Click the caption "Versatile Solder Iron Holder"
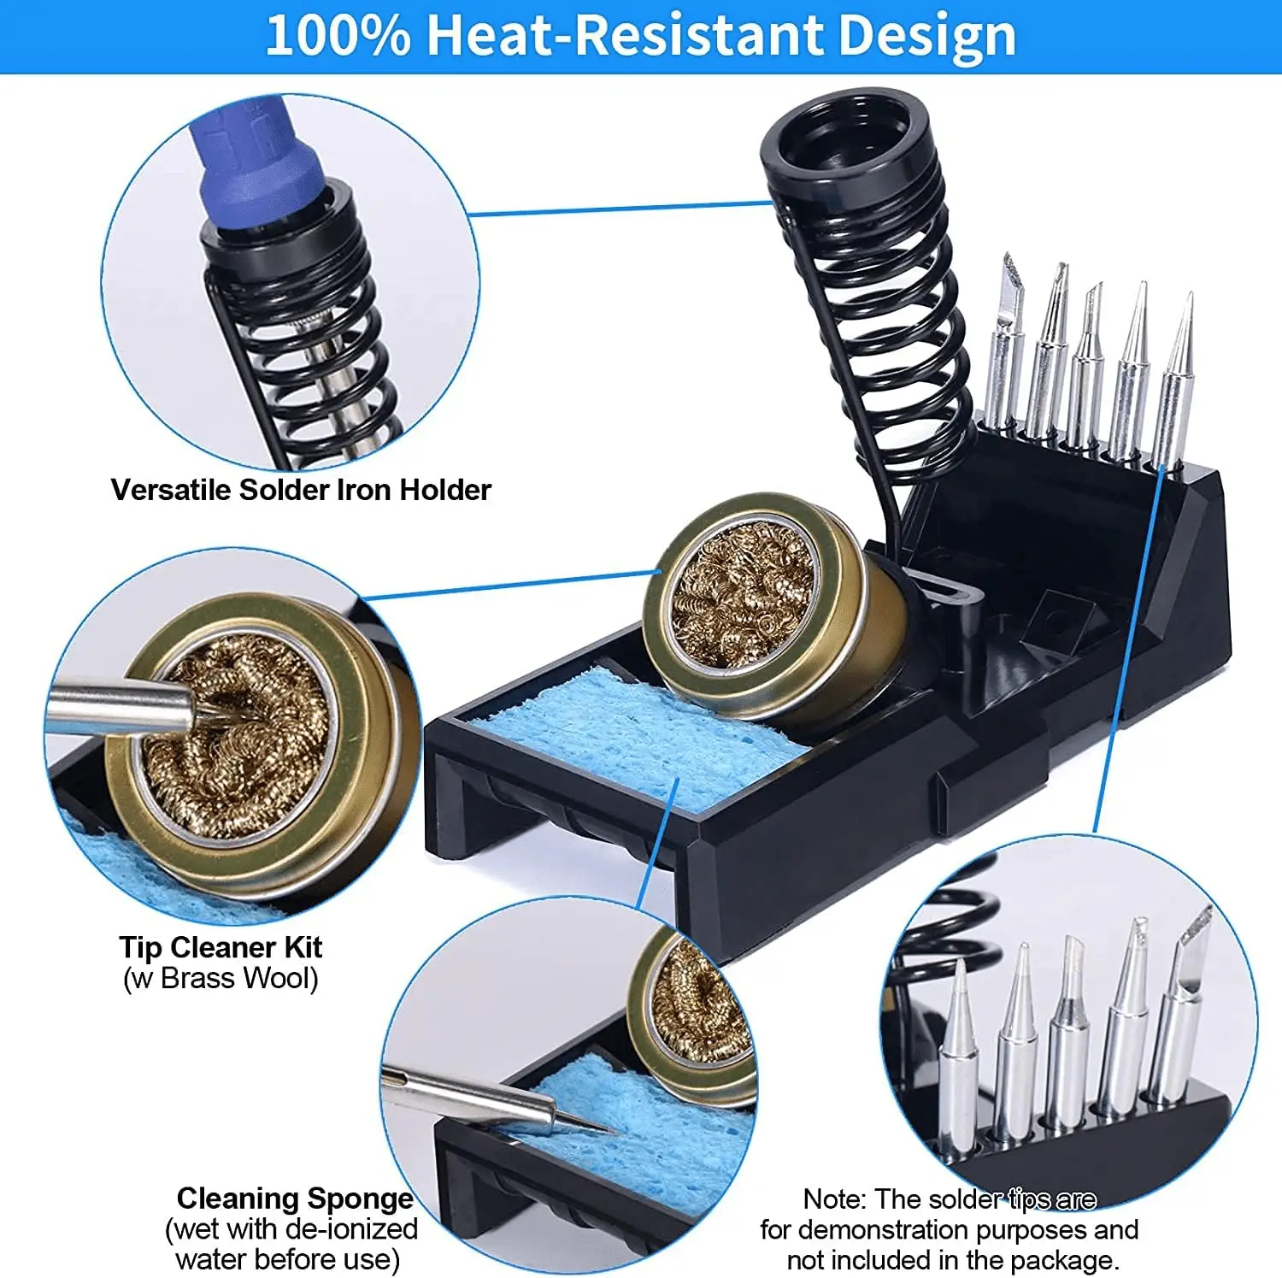pyautogui.click(x=301, y=490)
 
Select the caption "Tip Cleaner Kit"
pyautogui.click(x=221, y=947)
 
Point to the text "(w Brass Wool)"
pyautogui.click(x=221, y=978)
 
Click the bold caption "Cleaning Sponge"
pyautogui.click(x=295, y=1198)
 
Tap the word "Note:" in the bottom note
pyautogui.click(x=835, y=1198)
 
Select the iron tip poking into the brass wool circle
pyautogui.click(x=128, y=706)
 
